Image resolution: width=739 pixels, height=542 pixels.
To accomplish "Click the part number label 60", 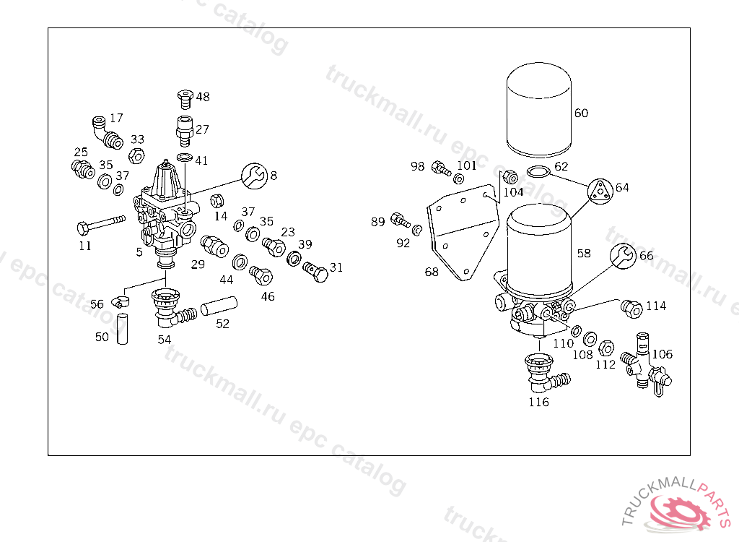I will [x=581, y=113].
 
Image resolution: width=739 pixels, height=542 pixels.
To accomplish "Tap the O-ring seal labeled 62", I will [x=537, y=172].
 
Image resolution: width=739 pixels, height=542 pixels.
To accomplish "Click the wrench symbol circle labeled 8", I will [x=253, y=175].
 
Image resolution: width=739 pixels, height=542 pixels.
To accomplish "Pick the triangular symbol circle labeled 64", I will [x=600, y=191].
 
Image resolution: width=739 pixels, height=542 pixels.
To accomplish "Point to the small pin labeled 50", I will [x=122, y=330].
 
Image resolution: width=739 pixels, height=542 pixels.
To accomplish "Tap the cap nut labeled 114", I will [x=631, y=308].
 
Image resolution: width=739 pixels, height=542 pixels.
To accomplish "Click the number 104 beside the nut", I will [x=513, y=192].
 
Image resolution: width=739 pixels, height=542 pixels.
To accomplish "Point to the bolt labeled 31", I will [x=315, y=271].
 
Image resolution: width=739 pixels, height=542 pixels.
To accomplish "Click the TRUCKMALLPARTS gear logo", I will [x=682, y=509].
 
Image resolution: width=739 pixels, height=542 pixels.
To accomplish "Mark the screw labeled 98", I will [x=438, y=168].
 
